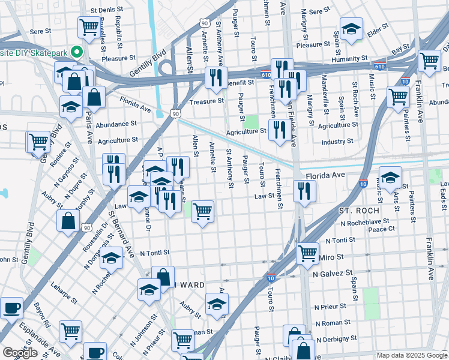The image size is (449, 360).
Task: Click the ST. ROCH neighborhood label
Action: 358,211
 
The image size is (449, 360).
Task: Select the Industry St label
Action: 337,142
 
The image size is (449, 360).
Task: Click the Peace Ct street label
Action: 382,229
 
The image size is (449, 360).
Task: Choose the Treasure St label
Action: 206,101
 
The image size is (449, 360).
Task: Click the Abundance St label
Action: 116,124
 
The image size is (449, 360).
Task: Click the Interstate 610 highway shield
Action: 379,63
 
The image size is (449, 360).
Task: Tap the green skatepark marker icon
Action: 77,52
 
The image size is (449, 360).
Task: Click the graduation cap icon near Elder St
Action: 351,28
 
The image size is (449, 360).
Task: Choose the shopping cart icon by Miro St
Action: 307,253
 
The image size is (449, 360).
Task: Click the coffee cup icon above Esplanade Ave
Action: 11,308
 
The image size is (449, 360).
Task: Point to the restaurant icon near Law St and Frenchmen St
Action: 305,191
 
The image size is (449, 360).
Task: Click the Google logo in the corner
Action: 20,353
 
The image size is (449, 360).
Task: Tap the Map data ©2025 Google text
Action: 412,355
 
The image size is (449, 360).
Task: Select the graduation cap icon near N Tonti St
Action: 111,259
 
